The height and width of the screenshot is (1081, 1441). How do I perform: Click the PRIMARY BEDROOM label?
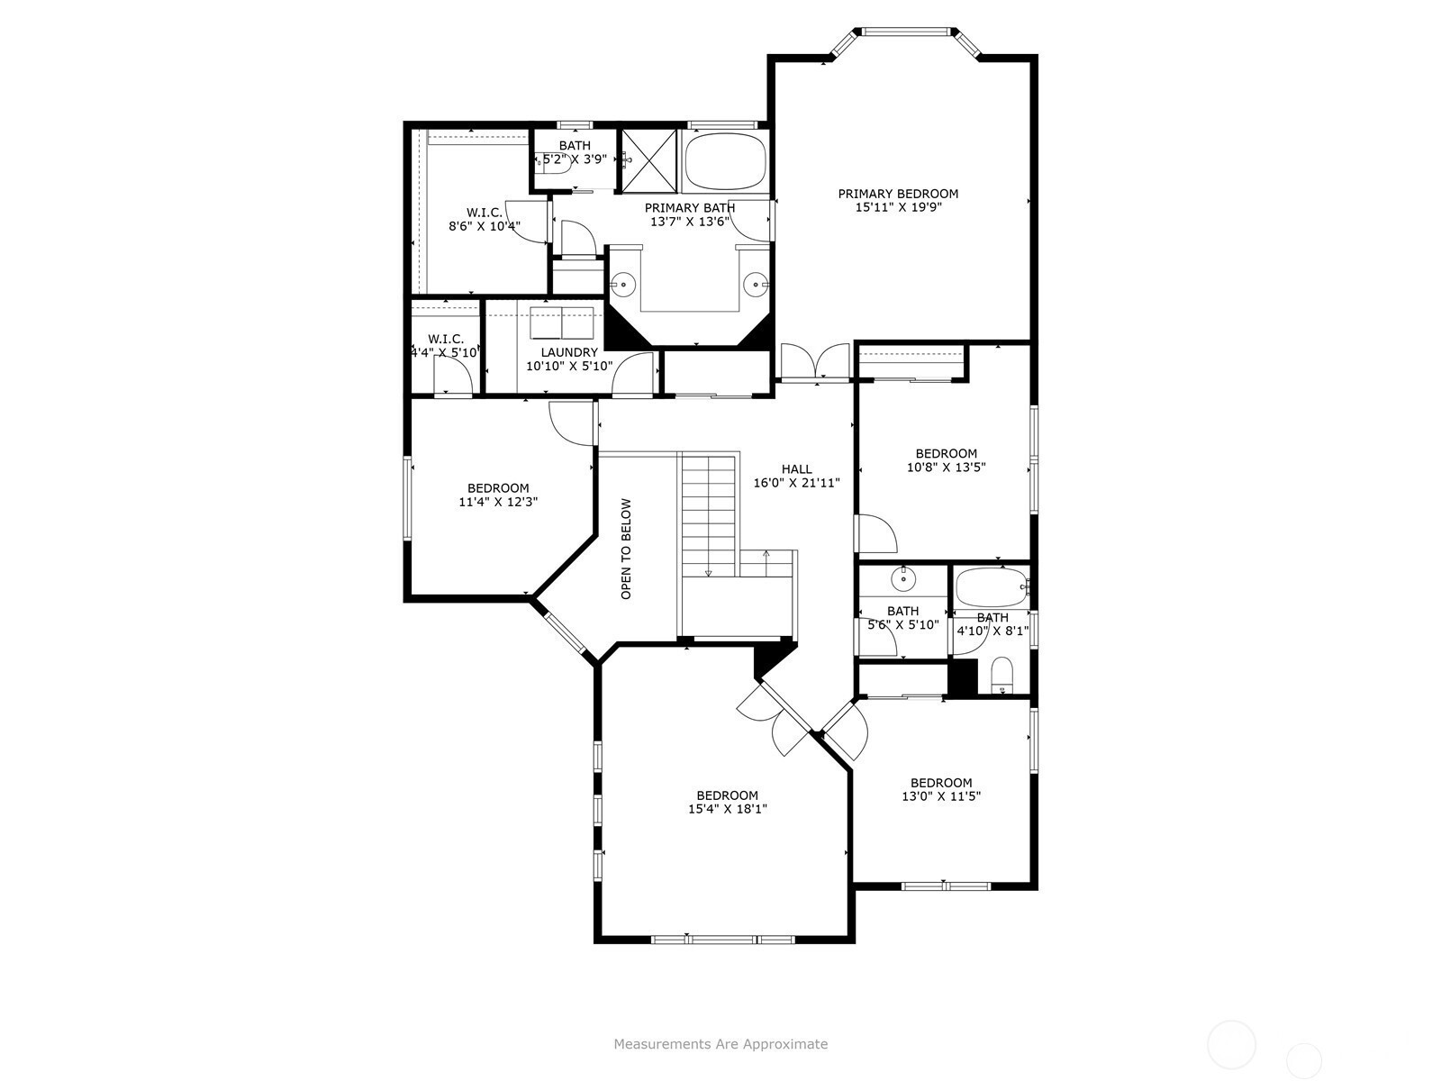point(897,194)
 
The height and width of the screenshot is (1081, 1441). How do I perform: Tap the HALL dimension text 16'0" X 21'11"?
point(796,483)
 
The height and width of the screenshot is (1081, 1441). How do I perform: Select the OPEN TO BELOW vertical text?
point(626,549)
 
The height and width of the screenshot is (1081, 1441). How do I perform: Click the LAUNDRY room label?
point(569,352)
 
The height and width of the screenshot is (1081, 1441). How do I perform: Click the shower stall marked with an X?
point(648,161)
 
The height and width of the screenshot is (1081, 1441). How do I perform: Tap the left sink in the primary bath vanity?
point(622,285)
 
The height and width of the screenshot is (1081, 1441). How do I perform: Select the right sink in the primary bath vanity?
point(757,285)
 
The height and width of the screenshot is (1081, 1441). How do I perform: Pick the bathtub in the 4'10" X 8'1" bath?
point(992,587)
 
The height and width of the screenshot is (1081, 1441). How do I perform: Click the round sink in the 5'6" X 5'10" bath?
point(904,579)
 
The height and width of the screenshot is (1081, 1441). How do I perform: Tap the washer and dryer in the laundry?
point(561,322)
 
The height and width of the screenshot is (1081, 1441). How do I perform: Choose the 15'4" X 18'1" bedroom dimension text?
point(728,809)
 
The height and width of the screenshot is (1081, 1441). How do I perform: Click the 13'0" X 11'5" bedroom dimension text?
point(941,796)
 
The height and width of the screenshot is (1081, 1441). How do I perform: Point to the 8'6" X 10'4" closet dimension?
point(485,226)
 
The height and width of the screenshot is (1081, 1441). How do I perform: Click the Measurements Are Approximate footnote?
point(720,1043)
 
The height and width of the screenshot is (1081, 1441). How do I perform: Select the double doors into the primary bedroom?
point(814,362)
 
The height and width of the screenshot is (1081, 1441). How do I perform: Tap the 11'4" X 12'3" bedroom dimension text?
point(498,502)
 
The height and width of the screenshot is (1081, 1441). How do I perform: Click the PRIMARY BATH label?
point(689,208)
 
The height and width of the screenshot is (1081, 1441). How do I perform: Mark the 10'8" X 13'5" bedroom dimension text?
point(946,468)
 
